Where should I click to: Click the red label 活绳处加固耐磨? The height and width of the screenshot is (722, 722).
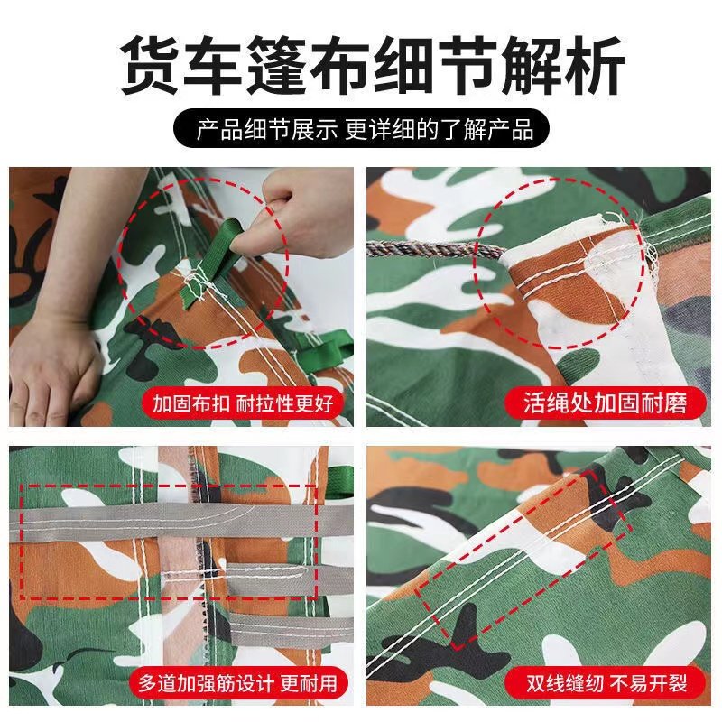pos(606,402)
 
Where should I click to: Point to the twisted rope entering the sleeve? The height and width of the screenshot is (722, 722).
pos(433,249)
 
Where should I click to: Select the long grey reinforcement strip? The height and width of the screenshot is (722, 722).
pos(180,521)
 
